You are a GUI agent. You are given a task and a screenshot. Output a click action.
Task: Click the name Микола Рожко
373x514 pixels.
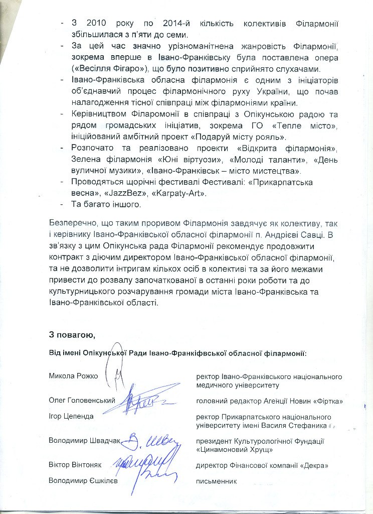click(x=73, y=375)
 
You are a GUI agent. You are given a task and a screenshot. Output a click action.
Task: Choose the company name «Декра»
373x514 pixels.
click(x=315, y=466)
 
